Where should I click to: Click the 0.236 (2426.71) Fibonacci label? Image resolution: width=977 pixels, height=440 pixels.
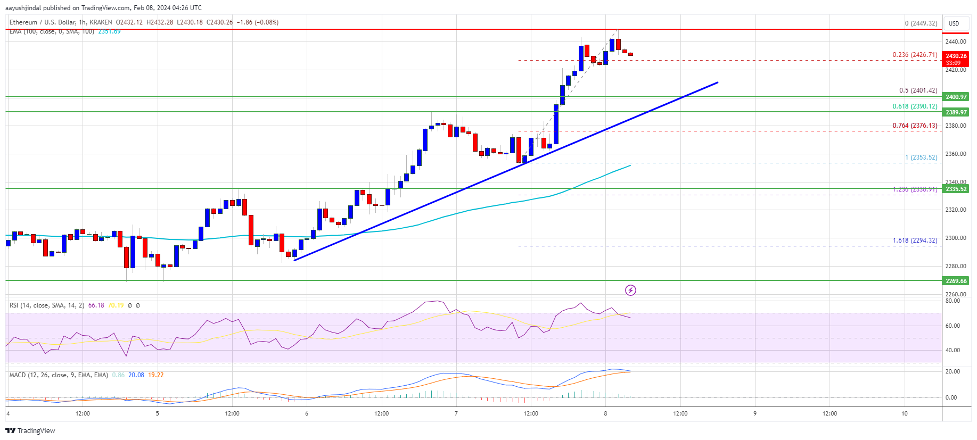point(915,55)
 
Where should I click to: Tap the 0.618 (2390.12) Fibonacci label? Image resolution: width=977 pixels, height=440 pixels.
point(915,106)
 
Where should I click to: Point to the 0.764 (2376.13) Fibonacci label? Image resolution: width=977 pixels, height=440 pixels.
point(915,126)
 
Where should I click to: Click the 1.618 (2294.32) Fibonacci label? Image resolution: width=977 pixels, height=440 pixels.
point(915,240)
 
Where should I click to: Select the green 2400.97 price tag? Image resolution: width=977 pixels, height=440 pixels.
point(956,97)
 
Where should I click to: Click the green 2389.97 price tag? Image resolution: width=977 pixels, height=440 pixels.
point(956,112)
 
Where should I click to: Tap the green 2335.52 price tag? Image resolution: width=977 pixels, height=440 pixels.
point(956,189)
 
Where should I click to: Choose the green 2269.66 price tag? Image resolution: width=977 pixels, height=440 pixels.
point(956,281)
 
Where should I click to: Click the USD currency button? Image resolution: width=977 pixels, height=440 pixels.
point(954,23)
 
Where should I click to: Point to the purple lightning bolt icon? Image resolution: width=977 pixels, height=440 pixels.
point(630,290)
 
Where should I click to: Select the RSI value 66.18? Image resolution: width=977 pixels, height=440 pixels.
point(96,305)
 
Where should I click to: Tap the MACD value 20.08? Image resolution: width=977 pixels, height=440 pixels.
point(136,375)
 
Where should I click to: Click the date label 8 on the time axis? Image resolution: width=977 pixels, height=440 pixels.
point(605,413)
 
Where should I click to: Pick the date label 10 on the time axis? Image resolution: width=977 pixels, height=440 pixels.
point(904,413)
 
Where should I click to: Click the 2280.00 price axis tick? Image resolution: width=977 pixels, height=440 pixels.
point(955,266)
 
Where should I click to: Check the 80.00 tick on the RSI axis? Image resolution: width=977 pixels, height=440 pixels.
point(953,301)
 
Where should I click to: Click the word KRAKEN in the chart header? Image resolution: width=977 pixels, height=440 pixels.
point(101,22)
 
